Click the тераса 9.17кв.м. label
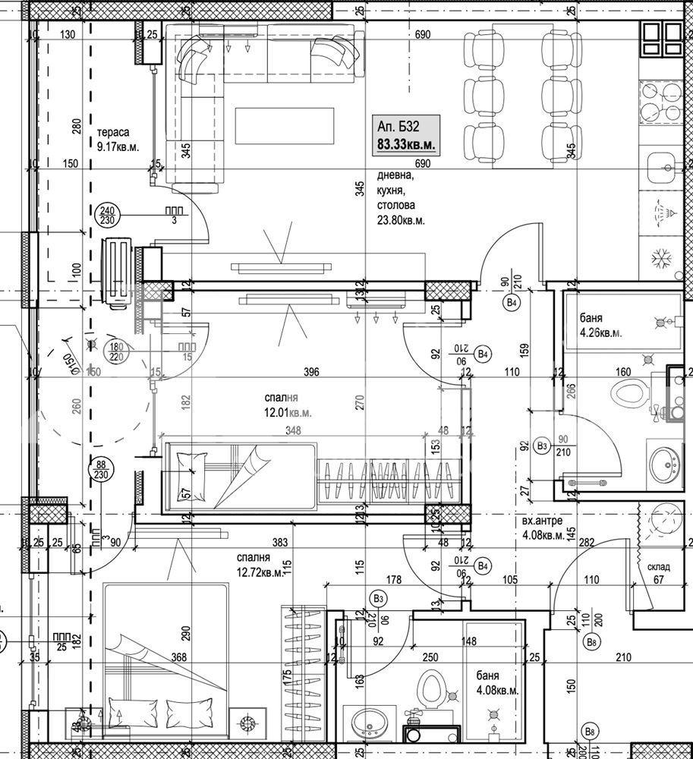coord(118,140)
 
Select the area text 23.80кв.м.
coord(401,220)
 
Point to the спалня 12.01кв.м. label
coord(288,405)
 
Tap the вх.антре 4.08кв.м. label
coord(543,528)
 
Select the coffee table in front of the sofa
coord(284,125)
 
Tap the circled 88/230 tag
coord(101,469)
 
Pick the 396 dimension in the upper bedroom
coord(310,372)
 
